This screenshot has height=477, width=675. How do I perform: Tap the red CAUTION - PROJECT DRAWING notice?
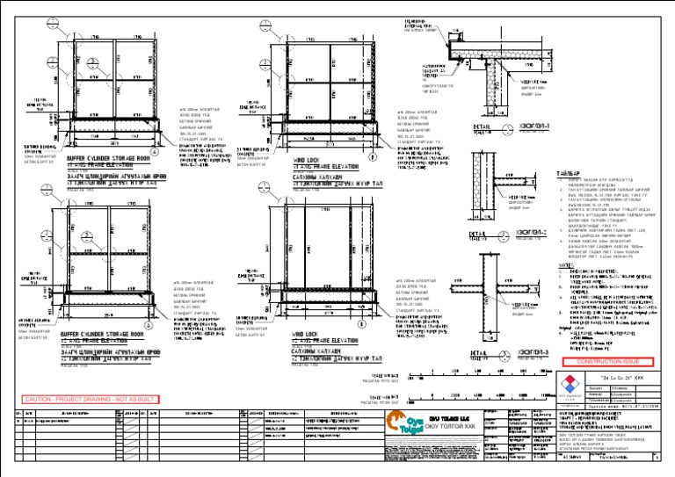click(90, 399)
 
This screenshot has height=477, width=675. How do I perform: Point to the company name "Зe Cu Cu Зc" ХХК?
click(614, 373)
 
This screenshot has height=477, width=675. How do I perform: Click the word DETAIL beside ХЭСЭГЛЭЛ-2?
click(478, 234)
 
